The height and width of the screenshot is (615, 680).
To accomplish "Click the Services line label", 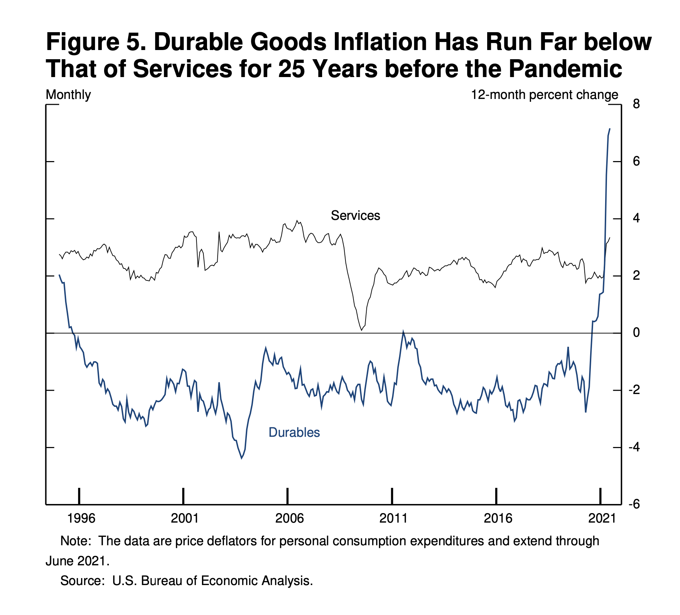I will point(355,215).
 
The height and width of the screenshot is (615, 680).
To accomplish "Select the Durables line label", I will point(294,432).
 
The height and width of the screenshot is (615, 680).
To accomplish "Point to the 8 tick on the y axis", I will point(636,104).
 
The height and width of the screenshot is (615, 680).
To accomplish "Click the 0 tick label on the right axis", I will point(636,333).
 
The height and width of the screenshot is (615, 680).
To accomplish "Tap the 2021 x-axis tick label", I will point(601,518).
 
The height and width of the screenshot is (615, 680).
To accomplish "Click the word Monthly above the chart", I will point(68,95).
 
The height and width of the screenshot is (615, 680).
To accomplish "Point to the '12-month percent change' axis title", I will point(545,95).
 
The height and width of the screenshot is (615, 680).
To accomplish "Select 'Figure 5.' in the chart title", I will point(96,42).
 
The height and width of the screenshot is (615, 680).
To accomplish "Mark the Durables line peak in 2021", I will point(610,129).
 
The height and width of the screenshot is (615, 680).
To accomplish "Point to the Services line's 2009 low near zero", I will point(362,330).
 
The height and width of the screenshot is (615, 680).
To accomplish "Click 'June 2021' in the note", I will point(77,561).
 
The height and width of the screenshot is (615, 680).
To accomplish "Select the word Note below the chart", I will point(75,540).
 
